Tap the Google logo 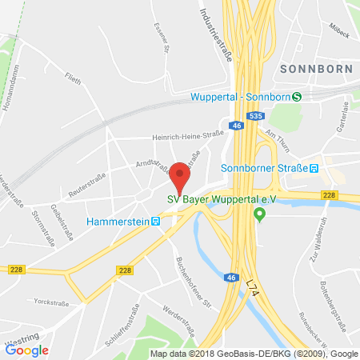(x=27, y=350)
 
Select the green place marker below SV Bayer (x=259, y=214)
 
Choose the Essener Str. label (x=158, y=34)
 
